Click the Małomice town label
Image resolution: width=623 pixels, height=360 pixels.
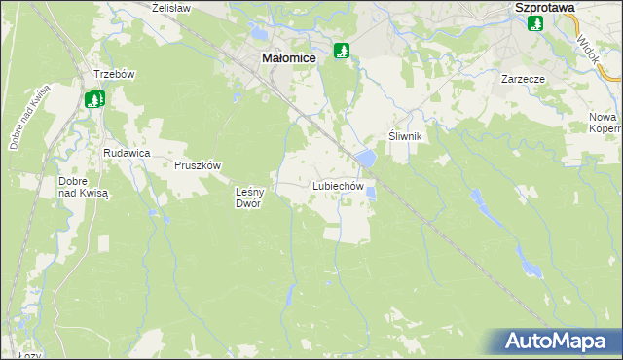[289, 58]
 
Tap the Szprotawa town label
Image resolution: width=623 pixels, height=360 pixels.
[544, 7]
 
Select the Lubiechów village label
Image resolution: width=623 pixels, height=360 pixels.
[338, 185]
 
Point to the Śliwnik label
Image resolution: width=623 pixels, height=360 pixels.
[404, 136]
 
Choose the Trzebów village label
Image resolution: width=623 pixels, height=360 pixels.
[113, 75]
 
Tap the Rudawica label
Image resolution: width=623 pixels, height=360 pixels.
[126, 153]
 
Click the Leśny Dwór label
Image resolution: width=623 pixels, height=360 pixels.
[250, 198]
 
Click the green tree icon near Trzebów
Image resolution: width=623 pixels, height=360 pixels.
[94, 98]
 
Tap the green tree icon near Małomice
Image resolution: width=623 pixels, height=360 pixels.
[341, 51]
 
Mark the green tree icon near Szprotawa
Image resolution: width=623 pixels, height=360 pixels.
[534, 23]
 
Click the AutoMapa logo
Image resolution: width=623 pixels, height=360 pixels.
[559, 342]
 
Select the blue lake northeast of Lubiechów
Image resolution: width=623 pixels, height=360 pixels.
[365, 157]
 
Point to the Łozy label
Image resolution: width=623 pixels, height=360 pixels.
[29, 355]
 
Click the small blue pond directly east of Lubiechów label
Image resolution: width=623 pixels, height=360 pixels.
[371, 193]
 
